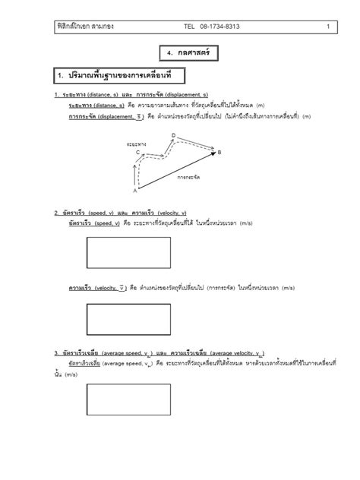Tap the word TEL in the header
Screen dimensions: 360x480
189,27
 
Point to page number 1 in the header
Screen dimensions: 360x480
327,27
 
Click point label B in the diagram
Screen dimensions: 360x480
219,153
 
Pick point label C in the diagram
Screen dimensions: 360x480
138,152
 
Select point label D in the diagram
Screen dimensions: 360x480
173,135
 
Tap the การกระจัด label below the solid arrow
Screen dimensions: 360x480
188,176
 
